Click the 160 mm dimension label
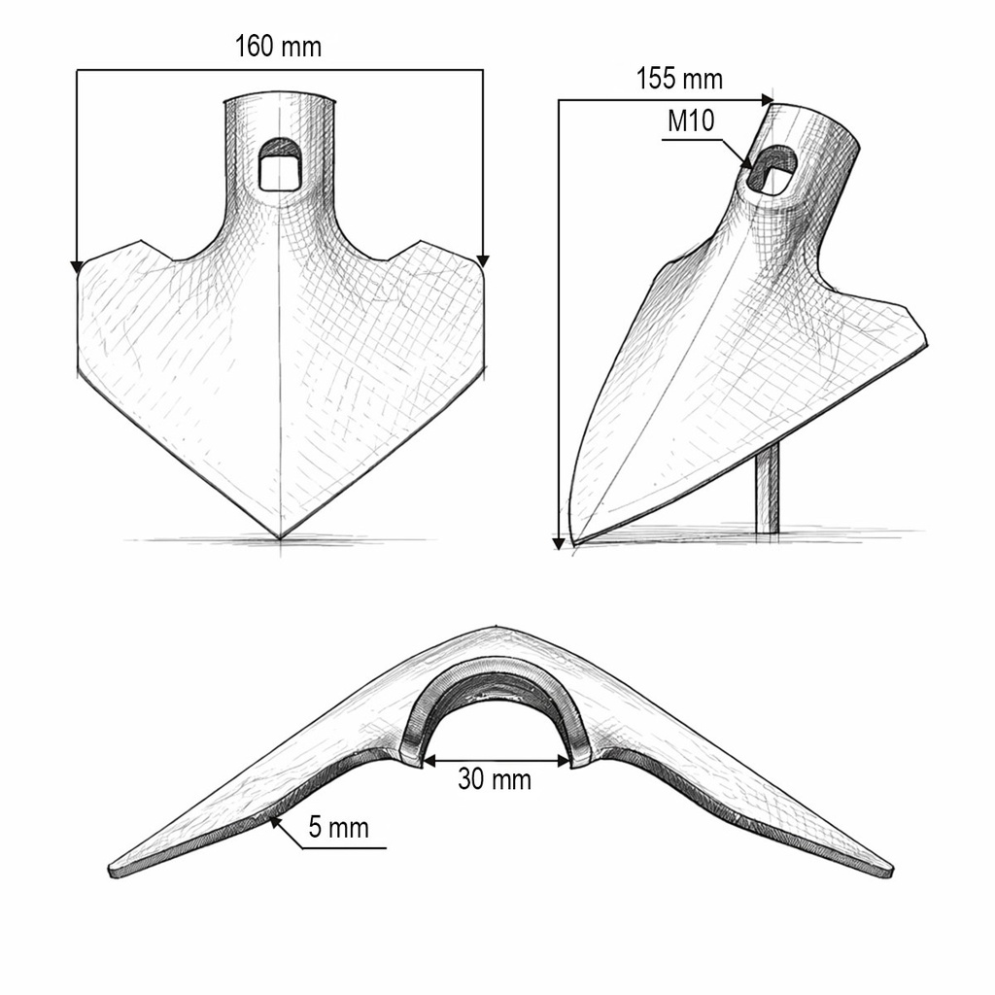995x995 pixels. point(279,47)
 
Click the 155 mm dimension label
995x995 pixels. point(679,80)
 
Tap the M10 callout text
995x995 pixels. point(691,120)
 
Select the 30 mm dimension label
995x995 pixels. point(495,779)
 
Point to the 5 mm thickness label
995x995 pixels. point(339,828)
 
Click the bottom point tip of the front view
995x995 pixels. point(280,539)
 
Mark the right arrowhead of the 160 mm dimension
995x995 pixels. point(483,260)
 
